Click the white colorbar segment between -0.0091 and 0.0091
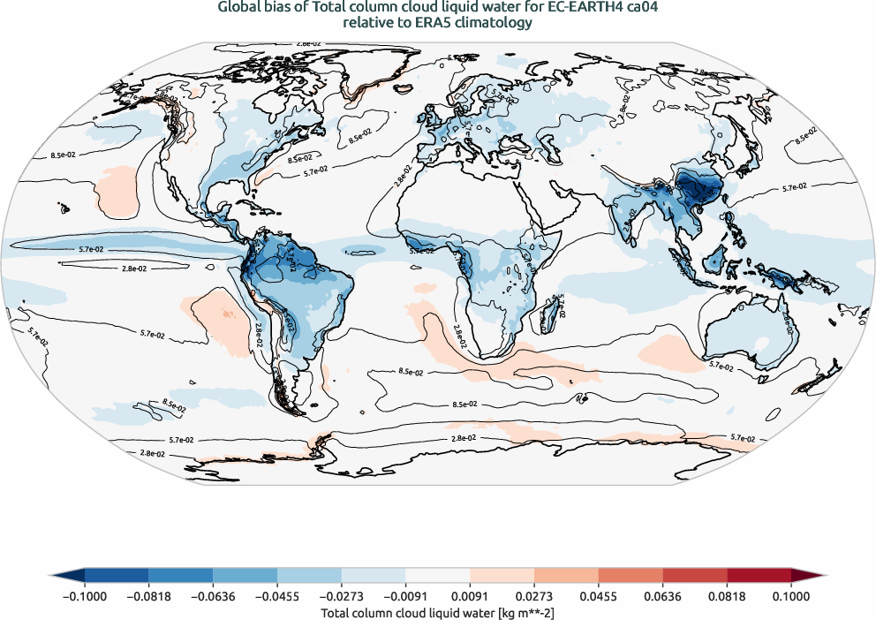(x=437, y=575)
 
